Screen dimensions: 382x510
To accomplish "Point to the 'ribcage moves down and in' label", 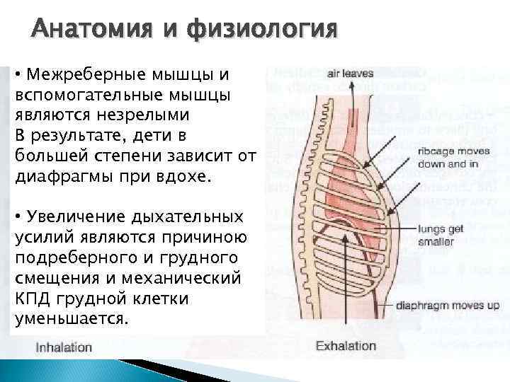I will point(449,157).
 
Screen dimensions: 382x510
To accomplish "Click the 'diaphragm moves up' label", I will point(458,305).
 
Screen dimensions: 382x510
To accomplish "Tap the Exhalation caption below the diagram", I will point(346,346).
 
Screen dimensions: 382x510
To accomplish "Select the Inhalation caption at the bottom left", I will point(64,347).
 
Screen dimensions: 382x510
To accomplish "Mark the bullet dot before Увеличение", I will point(18,216).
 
